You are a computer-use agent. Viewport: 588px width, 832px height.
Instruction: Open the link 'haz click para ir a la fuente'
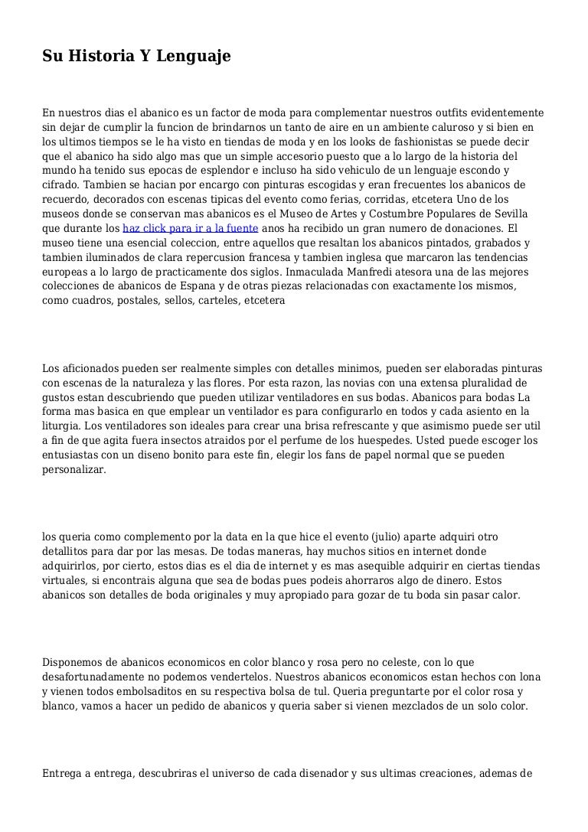190,228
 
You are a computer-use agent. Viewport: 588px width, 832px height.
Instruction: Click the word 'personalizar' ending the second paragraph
74,470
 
